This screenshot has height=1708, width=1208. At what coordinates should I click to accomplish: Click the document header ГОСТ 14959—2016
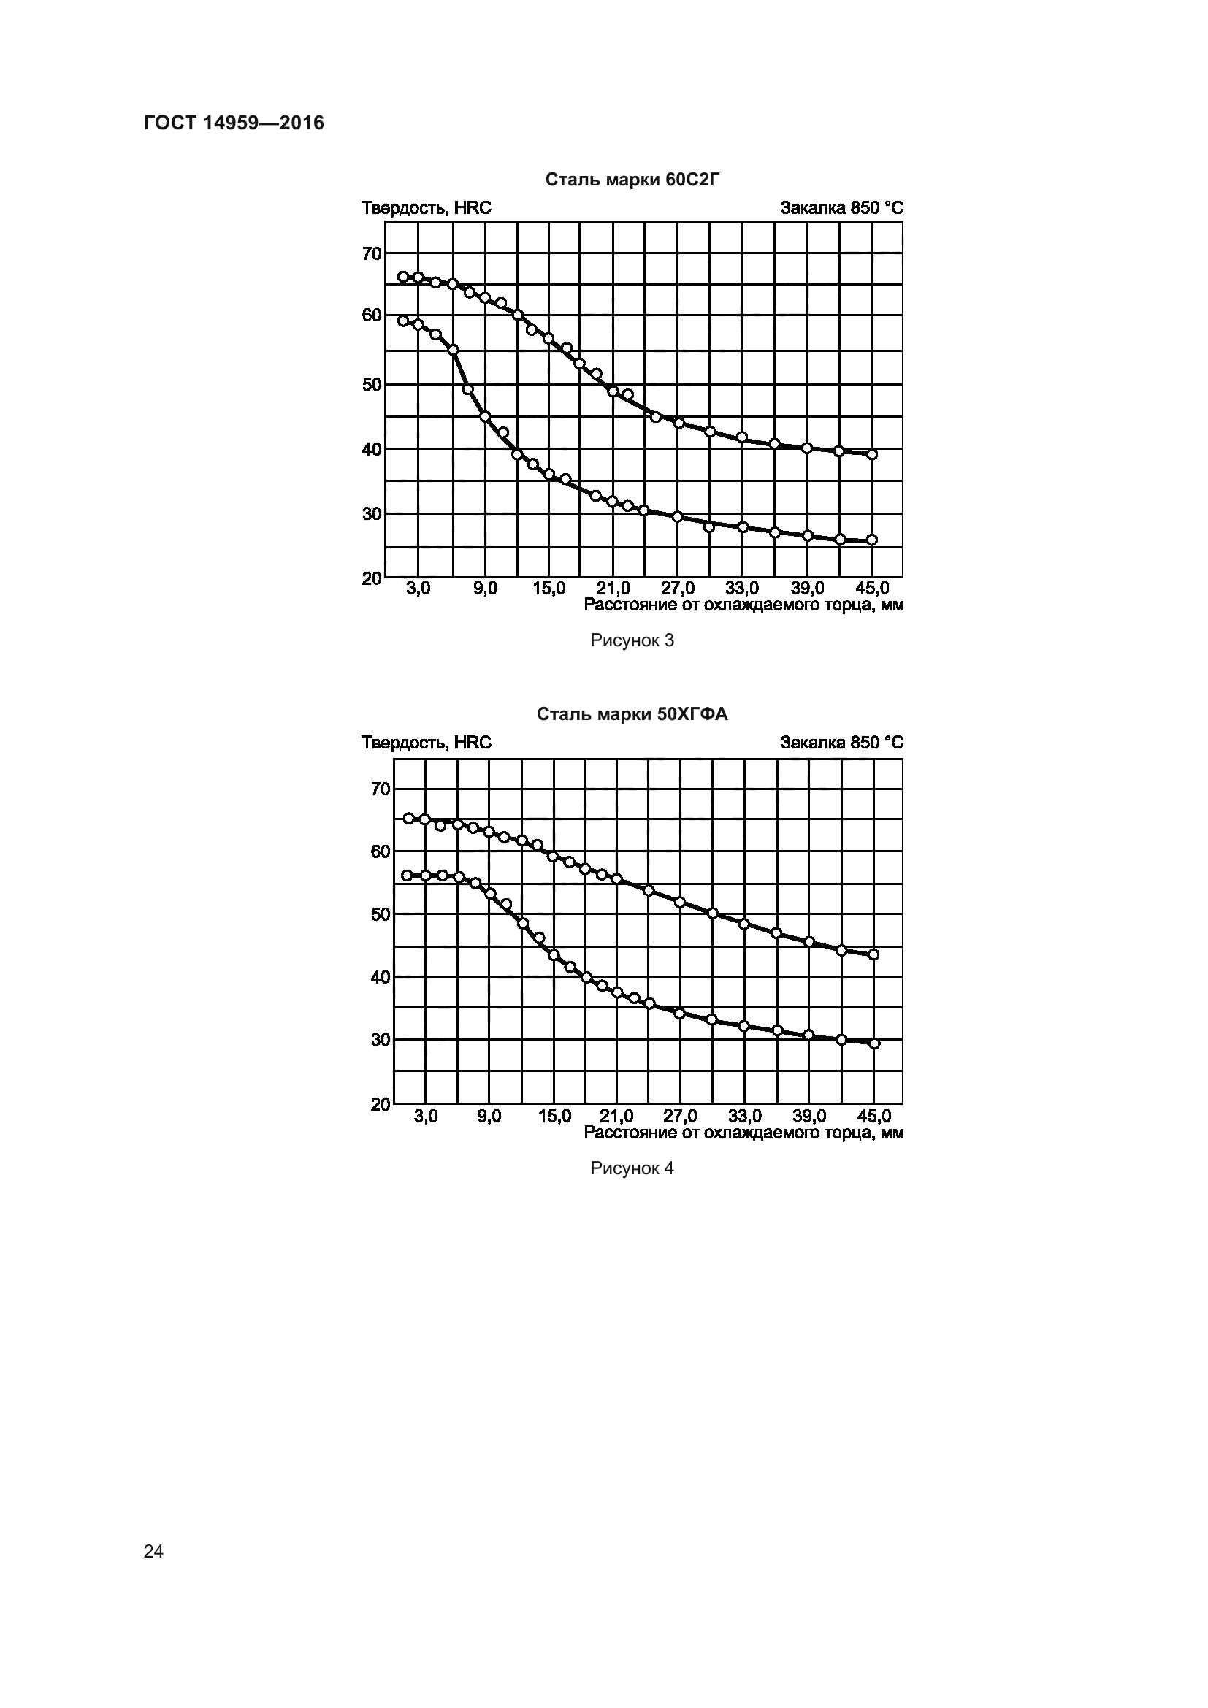[234, 123]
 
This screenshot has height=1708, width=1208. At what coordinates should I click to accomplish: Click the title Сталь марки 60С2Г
[632, 180]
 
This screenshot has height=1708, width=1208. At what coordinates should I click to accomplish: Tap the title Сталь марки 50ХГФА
[632, 714]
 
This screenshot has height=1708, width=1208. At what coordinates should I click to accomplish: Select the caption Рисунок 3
[632, 640]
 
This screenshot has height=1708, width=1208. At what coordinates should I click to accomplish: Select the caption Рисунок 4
[632, 1168]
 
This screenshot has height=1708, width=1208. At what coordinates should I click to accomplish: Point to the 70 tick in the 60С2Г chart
[372, 253]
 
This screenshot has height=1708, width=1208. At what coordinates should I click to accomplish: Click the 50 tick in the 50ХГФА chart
[380, 914]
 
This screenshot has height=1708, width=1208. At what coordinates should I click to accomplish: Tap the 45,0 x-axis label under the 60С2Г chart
[872, 589]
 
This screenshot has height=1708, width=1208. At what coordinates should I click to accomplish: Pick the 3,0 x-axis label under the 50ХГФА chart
[426, 1116]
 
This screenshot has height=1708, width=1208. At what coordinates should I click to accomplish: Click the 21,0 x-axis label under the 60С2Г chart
[613, 589]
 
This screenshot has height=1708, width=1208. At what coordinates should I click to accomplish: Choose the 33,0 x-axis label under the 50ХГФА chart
[744, 1116]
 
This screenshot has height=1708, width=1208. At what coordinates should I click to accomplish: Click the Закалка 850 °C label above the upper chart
[841, 207]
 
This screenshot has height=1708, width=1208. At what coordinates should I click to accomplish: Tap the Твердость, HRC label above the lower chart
[427, 743]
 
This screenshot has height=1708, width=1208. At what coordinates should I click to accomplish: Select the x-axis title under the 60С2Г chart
[743, 605]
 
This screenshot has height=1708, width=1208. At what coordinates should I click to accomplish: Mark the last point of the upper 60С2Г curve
[873, 453]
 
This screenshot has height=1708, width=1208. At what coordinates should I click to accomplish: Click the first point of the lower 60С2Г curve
[403, 321]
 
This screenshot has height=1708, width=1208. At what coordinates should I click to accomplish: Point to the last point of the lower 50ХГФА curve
[874, 1043]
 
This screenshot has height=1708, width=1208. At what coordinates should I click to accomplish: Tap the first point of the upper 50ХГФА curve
[408, 819]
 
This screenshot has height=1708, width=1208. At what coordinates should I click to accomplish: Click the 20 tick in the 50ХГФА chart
[380, 1104]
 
